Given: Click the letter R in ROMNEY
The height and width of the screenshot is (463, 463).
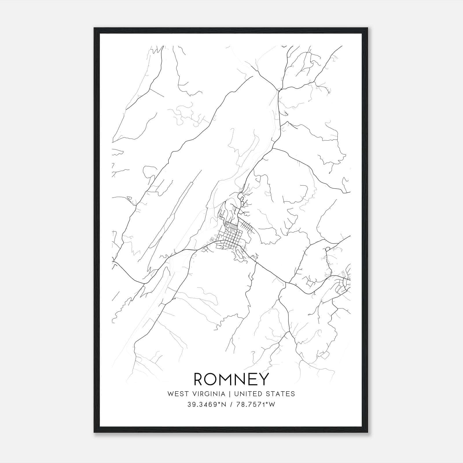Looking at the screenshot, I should pyautogui.click(x=200, y=379).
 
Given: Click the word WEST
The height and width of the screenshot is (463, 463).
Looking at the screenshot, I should pyautogui.click(x=176, y=394).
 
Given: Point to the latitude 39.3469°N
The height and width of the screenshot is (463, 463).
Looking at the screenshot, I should pyautogui.click(x=205, y=405).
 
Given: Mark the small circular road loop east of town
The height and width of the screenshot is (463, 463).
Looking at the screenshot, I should pyautogui.click(x=328, y=249).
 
